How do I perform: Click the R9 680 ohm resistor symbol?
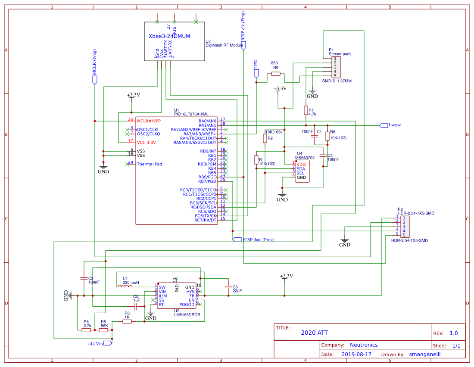coord(275,74)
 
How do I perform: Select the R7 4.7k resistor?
coord(306,111)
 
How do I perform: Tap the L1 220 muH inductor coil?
coord(125,286)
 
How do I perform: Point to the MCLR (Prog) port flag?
coord(95,80)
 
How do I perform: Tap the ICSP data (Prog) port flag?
coord(237,239)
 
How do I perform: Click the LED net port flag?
coord(256,73)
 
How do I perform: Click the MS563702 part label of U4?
coord(305,158)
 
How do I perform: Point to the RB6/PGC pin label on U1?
coord(207,177)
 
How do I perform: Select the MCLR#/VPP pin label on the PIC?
coord(149,121)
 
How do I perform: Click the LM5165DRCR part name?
coord(187,315)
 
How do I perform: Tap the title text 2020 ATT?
coord(314,333)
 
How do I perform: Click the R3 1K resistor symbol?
coord(127,321)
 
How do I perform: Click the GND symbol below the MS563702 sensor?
coord(282,195)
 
